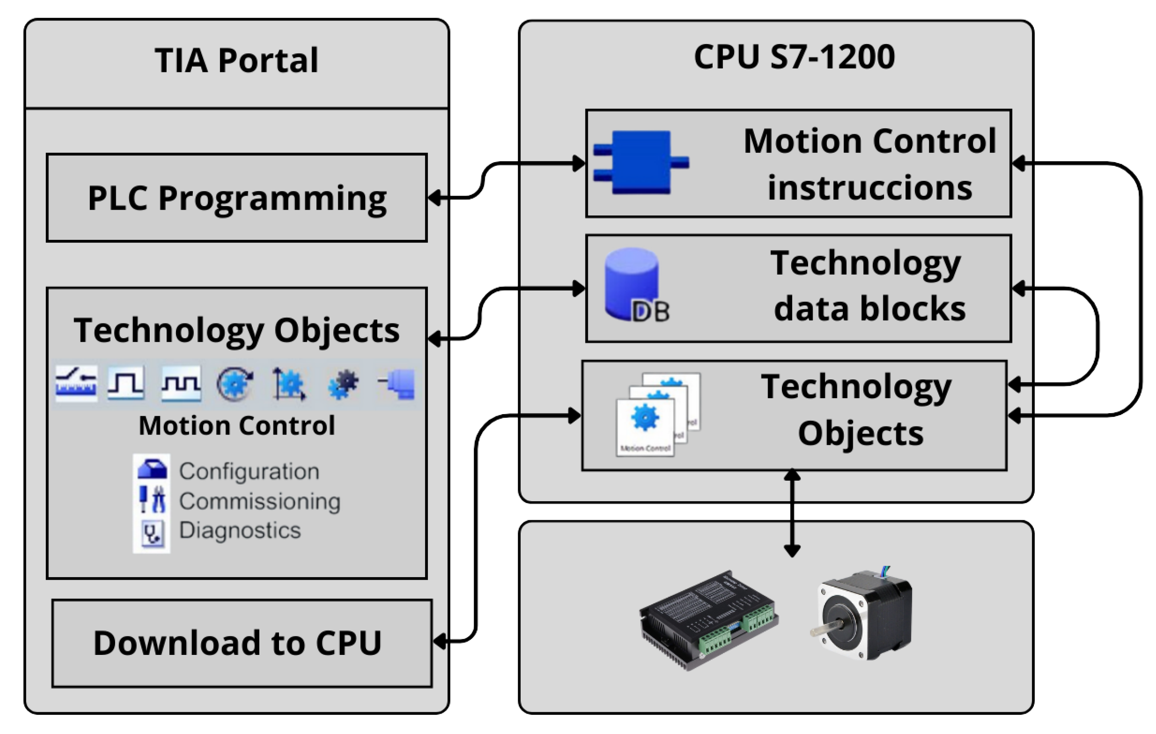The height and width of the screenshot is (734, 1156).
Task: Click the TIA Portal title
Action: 236,61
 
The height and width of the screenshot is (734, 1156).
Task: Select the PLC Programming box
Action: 237,198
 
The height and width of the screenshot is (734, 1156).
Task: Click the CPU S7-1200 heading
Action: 794,56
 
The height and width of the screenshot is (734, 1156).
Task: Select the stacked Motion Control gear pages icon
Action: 657,414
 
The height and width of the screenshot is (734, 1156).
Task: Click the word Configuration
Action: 249,471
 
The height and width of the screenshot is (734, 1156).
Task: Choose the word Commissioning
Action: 259,501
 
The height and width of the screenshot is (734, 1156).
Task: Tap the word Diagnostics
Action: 239,531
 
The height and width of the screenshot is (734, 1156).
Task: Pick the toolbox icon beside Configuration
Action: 152,469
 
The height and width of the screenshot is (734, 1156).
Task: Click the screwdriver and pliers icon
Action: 152,499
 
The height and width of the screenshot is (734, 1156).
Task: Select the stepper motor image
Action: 864,615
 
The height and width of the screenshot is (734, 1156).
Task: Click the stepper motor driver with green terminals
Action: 709,619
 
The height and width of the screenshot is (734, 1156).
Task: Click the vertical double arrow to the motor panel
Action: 792,513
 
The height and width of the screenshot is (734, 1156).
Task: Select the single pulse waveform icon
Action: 125,383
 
